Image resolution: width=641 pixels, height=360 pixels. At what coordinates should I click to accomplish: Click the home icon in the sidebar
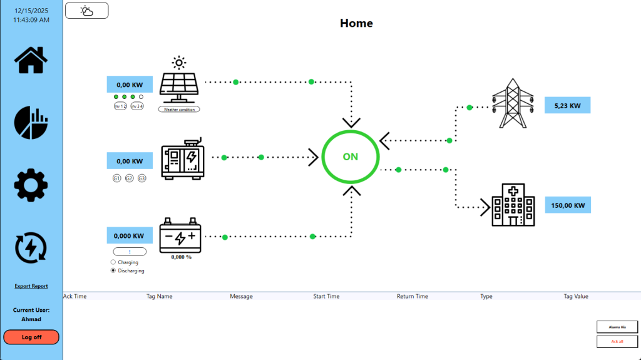point(31,59)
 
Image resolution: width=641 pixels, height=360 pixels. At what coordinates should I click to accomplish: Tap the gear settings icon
point(31,185)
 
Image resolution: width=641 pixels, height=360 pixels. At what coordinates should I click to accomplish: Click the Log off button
point(31,337)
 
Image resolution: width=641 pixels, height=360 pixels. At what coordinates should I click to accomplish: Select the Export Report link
point(31,286)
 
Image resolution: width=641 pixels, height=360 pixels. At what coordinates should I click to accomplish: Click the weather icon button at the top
point(87,11)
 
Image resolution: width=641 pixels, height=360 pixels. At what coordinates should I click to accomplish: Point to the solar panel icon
point(180,83)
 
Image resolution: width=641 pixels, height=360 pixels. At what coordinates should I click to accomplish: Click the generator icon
point(182,160)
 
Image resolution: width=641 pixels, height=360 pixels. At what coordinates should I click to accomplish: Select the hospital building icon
point(513,205)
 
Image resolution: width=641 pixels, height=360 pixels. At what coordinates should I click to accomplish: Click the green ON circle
point(350,157)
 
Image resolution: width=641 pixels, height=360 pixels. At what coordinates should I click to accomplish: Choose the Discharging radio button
point(113,271)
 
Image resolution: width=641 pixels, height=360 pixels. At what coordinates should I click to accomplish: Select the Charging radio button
point(113,262)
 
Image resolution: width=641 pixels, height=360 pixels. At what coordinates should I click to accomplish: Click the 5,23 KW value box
point(567,106)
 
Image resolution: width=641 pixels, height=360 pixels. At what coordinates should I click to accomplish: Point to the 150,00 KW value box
point(568,205)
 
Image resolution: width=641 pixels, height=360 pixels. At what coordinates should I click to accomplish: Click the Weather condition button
point(179,109)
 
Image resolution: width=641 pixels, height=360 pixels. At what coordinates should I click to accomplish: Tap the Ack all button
point(617,341)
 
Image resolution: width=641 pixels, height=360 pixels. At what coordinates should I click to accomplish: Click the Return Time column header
point(412,296)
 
